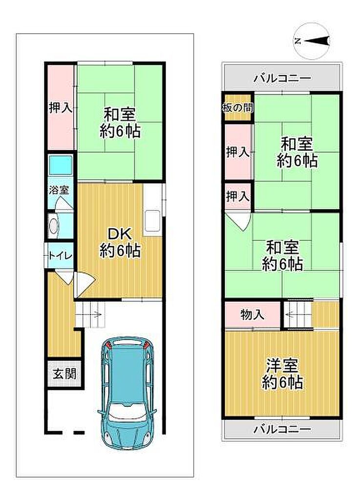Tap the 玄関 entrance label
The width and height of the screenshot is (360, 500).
[x=65, y=374]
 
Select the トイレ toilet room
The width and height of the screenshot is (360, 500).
[x=61, y=256]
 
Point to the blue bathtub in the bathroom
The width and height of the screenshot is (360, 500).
[x=61, y=165]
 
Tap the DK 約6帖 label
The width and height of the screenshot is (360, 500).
[x=120, y=242]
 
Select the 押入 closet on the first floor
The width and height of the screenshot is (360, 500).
[x=61, y=107]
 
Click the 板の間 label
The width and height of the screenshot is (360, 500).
[x=238, y=108]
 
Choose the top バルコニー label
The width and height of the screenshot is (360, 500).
[x=282, y=78]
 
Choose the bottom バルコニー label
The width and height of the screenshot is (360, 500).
[x=282, y=430]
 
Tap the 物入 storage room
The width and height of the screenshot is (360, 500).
[x=253, y=314]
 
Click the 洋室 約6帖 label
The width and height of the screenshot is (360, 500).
[x=282, y=374]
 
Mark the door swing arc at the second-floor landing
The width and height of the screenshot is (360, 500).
[x=241, y=222]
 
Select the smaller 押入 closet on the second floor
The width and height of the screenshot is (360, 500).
[x=238, y=196]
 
